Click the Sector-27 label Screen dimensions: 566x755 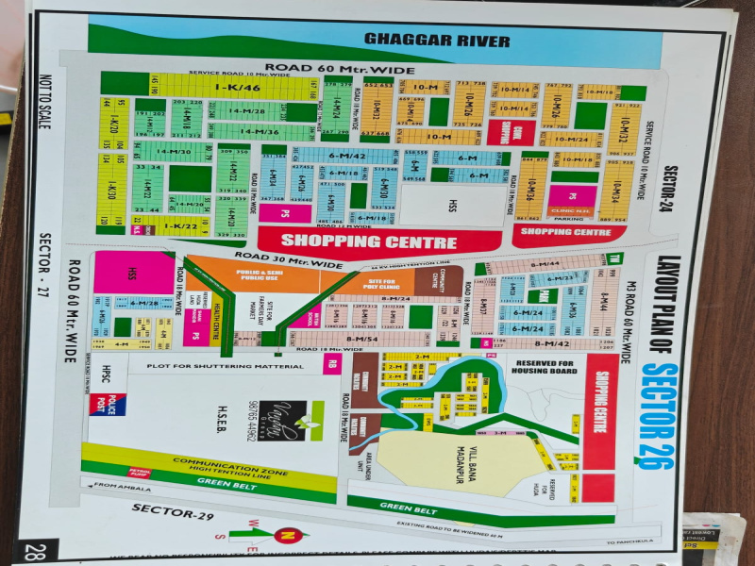coord(44,270)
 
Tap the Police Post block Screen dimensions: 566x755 coord(108,404)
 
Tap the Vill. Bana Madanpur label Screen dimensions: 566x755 coord(461,465)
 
